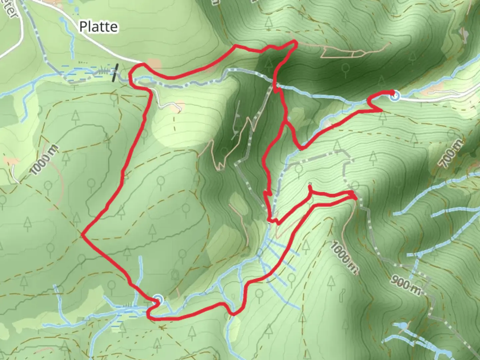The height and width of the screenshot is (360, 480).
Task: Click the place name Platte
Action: click(x=98, y=27)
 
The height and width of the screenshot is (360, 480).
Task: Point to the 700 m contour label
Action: click(x=451, y=154)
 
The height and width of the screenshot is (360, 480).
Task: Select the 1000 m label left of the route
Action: click(x=44, y=160)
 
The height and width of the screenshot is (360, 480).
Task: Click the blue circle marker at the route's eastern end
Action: click(x=395, y=97)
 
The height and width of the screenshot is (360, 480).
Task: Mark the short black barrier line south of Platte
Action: click(x=115, y=73)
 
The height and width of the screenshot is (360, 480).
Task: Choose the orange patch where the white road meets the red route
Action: click(x=154, y=64)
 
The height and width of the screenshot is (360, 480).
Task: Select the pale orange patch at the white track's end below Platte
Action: click(x=180, y=105)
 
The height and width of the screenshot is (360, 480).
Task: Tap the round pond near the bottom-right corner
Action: click(x=401, y=325)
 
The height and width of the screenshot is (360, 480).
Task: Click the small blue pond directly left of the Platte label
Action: click(x=62, y=20)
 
